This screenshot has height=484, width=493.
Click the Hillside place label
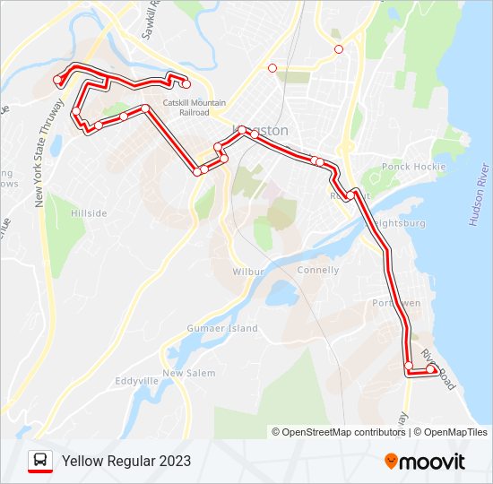coord(89,213)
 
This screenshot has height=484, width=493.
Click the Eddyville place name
coord(137,381)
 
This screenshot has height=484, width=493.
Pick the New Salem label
coord(184,373)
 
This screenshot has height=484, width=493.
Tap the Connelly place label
coord(317,270)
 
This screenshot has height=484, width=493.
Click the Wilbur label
coord(246,271)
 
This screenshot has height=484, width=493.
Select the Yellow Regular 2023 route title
coord(126,462)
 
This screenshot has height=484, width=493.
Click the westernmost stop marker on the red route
coord(57,81)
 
